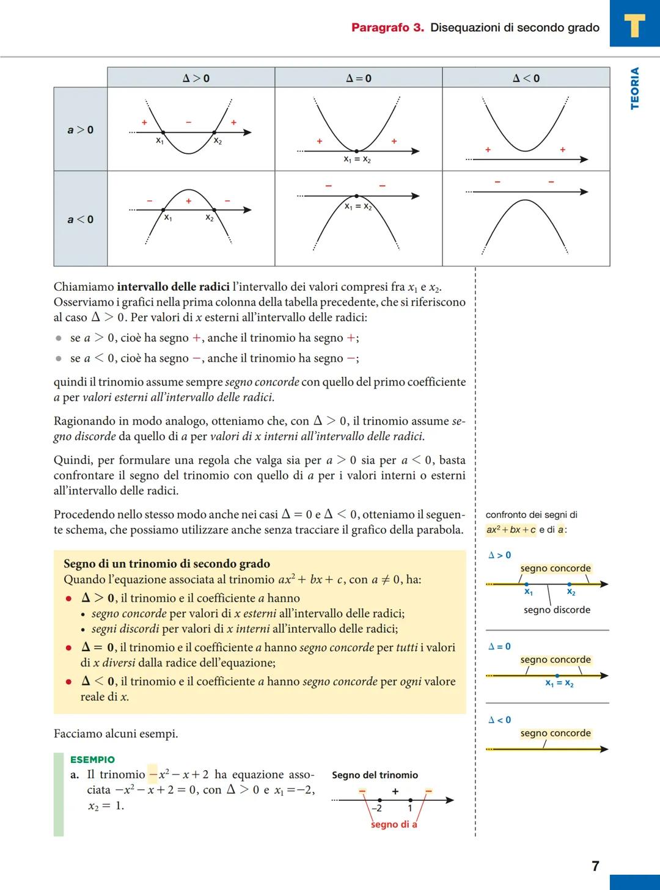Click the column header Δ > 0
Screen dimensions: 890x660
196,78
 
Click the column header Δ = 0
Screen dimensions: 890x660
358,78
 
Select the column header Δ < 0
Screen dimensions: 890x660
526,78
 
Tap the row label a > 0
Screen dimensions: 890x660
80,129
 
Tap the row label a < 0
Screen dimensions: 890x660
80,219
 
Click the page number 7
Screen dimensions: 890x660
595,866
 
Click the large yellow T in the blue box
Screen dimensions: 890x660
634,26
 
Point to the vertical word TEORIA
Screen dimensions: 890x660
634,89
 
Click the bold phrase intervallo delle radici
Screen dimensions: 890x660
173,286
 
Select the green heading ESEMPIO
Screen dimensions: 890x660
92,759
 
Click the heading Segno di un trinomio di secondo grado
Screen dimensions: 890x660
166,564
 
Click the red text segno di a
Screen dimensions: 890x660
394,824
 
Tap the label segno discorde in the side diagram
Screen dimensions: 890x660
557,610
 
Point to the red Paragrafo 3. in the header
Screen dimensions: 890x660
387,27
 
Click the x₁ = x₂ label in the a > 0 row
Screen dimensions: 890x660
357,159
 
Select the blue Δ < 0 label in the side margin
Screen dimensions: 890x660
499,720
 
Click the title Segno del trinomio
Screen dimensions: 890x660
375,775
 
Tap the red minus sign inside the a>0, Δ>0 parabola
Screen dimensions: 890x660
189,122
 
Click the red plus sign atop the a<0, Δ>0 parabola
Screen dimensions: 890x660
188,200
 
